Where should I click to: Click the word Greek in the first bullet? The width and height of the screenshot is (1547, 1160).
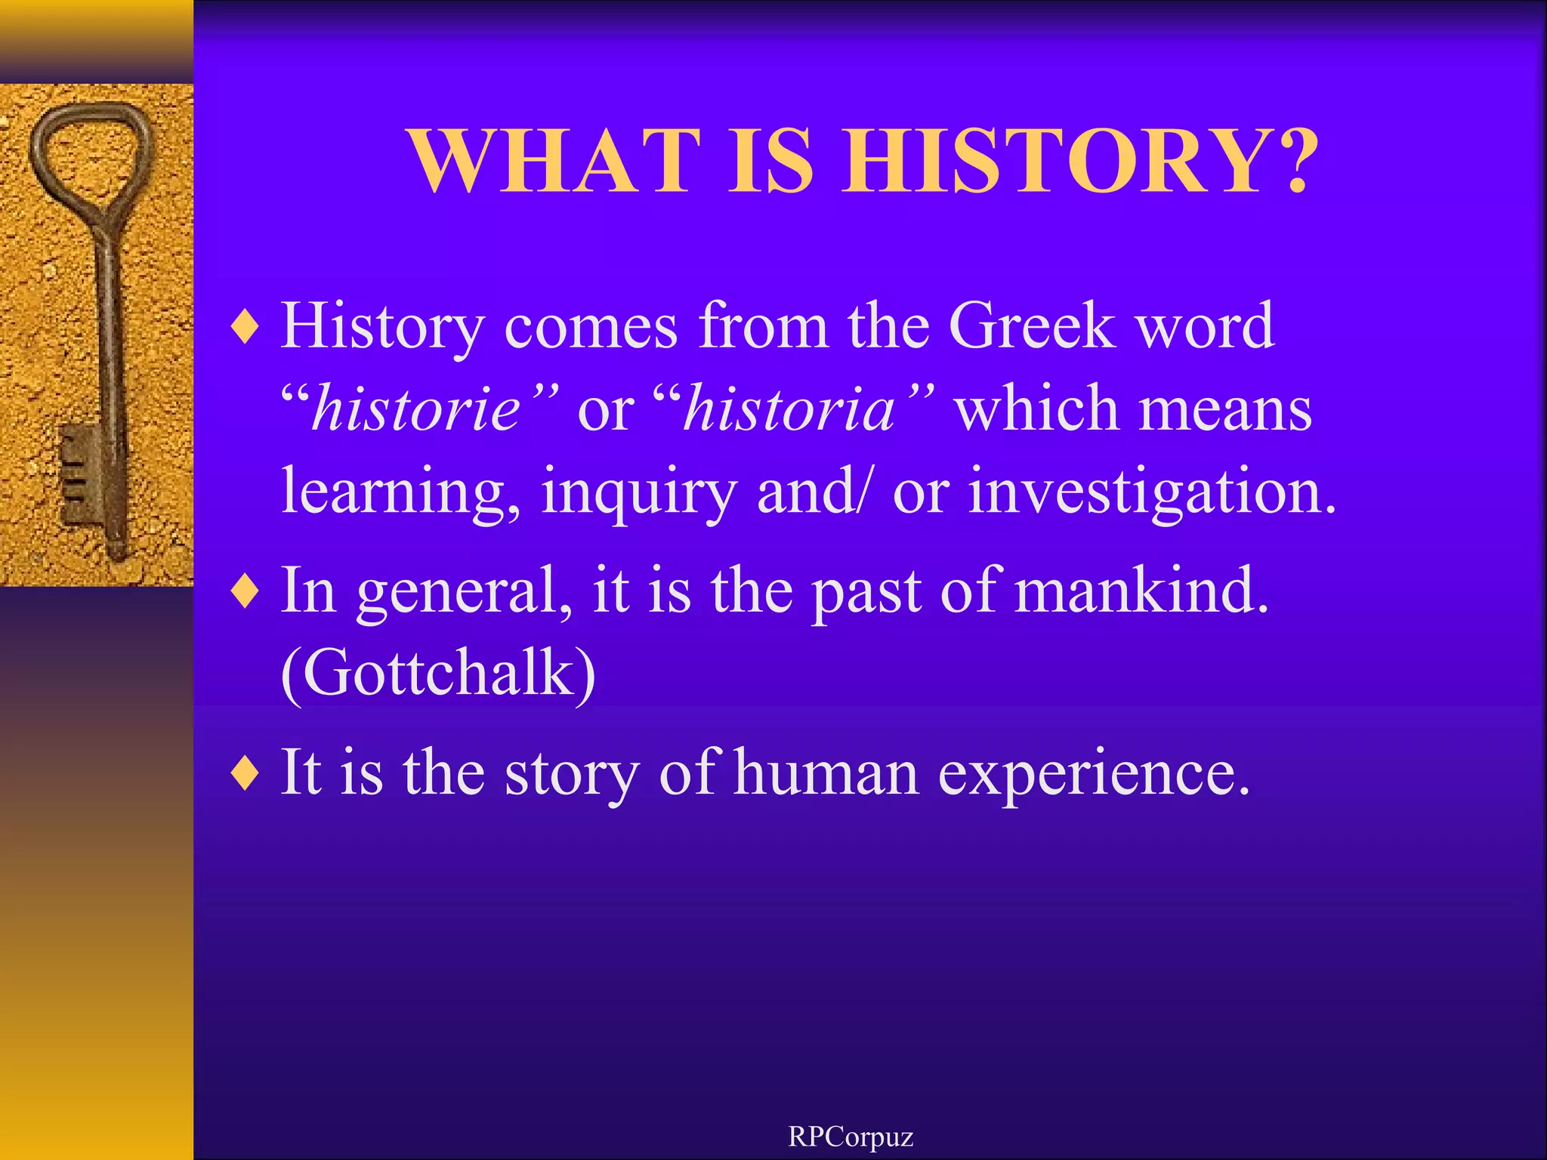1031,326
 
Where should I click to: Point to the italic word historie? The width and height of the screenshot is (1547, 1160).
416,409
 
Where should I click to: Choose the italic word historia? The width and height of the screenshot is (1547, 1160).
789,409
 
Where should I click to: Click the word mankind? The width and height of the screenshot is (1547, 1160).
1141,591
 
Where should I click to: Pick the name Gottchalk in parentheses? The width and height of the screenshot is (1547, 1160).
438,673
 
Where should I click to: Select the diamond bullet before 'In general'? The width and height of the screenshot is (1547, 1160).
246,592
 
